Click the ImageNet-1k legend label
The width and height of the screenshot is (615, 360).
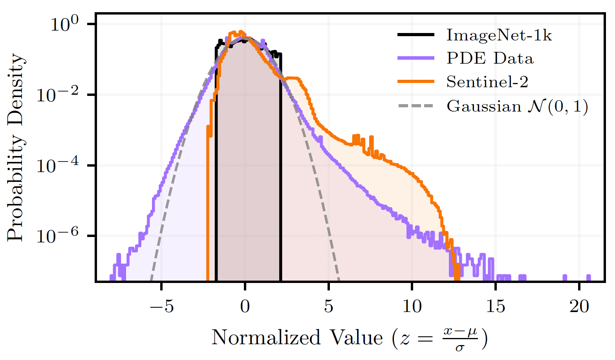tap(499, 35)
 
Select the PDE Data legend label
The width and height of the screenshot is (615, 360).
tap(490, 59)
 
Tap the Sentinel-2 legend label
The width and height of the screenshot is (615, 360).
tap(487, 82)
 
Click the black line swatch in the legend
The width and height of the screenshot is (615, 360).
tap(415, 35)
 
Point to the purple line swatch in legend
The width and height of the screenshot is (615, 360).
tap(415, 59)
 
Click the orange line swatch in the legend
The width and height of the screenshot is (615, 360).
tap(415, 82)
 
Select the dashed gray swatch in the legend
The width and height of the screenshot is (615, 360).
tap(415, 106)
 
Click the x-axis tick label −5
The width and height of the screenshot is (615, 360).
tap(161, 306)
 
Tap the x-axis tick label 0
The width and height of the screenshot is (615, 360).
tap(245, 306)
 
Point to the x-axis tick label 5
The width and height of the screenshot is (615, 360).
tap(329, 306)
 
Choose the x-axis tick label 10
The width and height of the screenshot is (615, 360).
tap(412, 306)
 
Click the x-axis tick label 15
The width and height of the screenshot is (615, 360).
tap(496, 306)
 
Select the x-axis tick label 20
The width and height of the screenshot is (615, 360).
tap(579, 306)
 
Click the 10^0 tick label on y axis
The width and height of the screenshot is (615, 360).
tap(64, 24)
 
